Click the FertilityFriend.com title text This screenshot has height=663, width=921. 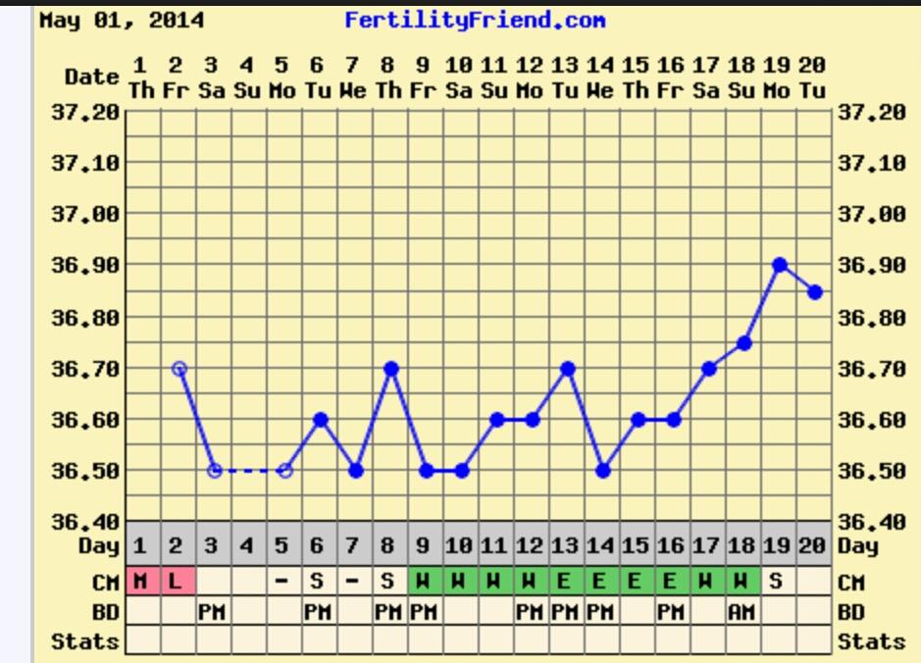click(474, 20)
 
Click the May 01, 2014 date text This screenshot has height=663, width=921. click(122, 20)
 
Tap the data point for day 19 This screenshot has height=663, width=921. click(780, 265)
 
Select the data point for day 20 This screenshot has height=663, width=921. click(815, 291)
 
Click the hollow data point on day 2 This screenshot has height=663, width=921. click(179, 369)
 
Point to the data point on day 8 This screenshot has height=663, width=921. click(391, 369)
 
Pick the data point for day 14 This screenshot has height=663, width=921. click(603, 471)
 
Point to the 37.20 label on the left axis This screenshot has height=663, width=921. click(84, 112)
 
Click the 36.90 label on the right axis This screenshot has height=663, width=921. click(872, 265)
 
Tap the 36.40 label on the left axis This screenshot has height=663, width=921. click(84, 522)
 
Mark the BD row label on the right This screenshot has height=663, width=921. click(851, 612)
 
